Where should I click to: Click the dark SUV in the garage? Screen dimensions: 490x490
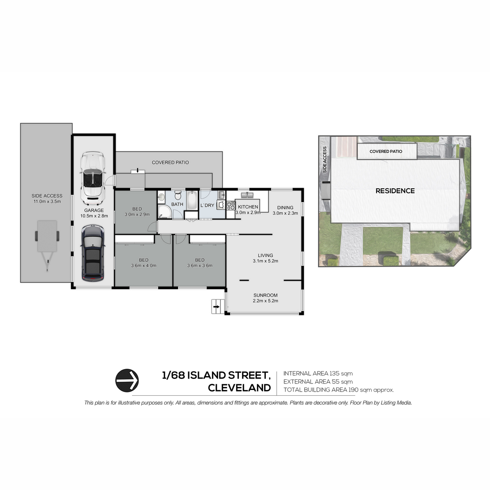(92, 253)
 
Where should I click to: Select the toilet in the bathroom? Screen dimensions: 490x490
(178, 196)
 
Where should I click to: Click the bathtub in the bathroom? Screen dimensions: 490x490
(191, 200)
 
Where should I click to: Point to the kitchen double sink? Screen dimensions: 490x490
(247, 195)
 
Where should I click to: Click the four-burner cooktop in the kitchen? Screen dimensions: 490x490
(231, 205)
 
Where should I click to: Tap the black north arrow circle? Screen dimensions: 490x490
(127, 381)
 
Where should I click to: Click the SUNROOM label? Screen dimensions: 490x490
(265, 295)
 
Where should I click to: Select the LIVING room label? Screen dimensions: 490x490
(265, 255)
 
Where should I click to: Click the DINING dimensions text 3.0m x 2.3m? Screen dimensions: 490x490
(285, 213)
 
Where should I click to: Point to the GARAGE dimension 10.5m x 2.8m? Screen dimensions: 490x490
(94, 216)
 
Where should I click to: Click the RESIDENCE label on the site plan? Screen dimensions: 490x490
(395, 191)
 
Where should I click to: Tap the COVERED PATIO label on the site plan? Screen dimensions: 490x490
(386, 151)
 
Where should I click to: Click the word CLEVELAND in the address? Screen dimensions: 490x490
(239, 388)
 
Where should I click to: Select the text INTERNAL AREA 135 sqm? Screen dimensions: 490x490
(318, 374)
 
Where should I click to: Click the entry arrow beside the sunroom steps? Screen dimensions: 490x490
(216, 307)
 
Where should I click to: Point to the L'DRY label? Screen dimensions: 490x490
(207, 205)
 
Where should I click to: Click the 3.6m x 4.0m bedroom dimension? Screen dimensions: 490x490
(144, 265)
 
